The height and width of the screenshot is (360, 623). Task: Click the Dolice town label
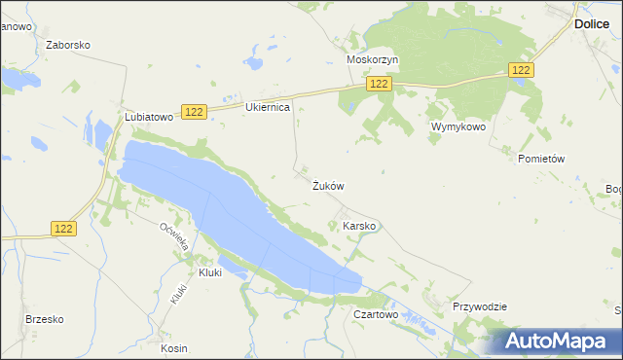(591, 23)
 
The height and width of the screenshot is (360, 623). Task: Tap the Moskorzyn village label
(373, 59)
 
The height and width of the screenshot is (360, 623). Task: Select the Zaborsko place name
(68, 45)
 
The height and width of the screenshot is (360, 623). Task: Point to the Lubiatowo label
(149, 116)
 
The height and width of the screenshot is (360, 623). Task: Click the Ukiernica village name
(268, 107)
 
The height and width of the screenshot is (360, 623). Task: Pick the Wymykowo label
(458, 126)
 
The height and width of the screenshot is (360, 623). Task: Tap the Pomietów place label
(542, 159)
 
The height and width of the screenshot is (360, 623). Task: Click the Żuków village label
(328, 185)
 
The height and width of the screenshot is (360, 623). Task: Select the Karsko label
(359, 226)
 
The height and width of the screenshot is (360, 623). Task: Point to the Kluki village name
(210, 273)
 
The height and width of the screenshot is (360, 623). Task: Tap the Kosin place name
(174, 348)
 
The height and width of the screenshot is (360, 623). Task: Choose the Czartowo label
(377, 315)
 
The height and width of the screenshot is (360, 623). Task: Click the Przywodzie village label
(480, 306)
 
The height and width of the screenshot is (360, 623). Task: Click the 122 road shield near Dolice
(522, 70)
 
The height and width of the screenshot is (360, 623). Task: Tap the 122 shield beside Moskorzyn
(380, 86)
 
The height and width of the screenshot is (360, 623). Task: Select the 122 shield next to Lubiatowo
(193, 113)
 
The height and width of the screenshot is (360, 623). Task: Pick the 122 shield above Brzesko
(63, 228)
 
